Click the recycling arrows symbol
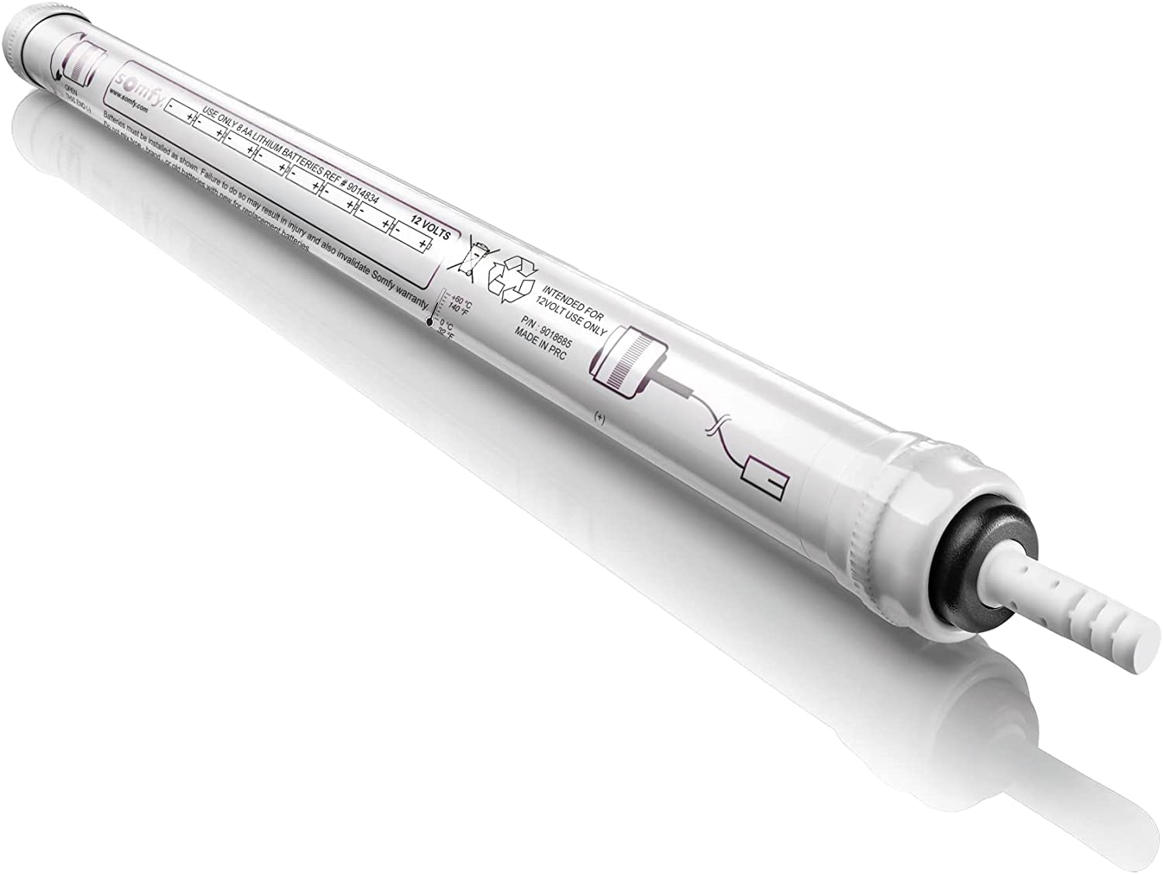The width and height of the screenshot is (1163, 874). [512, 275]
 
